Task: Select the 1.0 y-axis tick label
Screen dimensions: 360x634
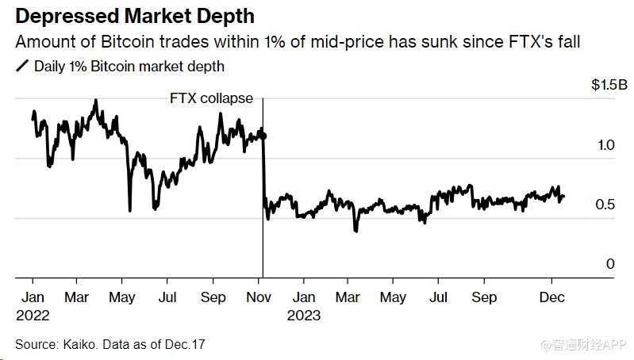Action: click(x=606, y=146)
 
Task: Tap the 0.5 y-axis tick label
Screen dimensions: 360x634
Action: click(x=606, y=205)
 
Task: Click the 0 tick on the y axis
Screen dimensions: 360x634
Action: click(x=610, y=264)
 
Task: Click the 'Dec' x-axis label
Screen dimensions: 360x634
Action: click(x=552, y=297)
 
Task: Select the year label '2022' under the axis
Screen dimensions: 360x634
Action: click(x=32, y=315)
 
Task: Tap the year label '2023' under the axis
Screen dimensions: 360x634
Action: click(x=305, y=315)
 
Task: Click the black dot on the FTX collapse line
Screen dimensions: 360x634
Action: click(x=263, y=136)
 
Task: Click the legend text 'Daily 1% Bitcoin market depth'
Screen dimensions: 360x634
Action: click(x=129, y=67)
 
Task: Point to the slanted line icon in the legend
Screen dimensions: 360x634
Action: click(x=21, y=67)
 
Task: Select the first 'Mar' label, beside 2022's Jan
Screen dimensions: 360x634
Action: click(x=76, y=297)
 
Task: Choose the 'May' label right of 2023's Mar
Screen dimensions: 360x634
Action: click(x=393, y=297)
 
